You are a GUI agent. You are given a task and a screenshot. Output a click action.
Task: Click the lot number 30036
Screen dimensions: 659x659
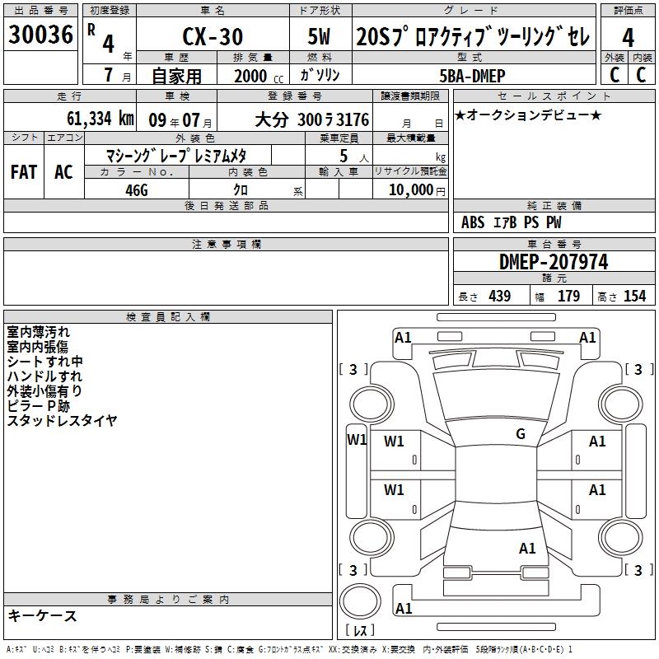(x=40, y=35)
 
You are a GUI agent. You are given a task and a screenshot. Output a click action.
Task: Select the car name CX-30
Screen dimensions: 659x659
(x=213, y=36)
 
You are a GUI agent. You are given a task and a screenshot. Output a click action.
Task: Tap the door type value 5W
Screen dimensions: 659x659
(x=319, y=36)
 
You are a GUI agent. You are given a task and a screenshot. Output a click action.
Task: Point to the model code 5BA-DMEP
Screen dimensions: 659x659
(x=472, y=76)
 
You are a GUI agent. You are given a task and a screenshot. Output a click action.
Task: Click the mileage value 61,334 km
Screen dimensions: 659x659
(x=100, y=119)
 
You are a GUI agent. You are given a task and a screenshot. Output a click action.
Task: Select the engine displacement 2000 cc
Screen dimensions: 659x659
(x=259, y=76)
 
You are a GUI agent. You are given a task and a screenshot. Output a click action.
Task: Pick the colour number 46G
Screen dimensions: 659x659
(x=137, y=190)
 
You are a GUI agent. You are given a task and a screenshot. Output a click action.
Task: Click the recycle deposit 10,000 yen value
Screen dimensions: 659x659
(x=417, y=190)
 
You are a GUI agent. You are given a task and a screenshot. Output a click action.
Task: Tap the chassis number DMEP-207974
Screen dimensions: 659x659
(x=554, y=262)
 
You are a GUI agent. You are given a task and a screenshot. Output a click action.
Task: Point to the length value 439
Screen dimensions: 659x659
(x=500, y=296)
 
